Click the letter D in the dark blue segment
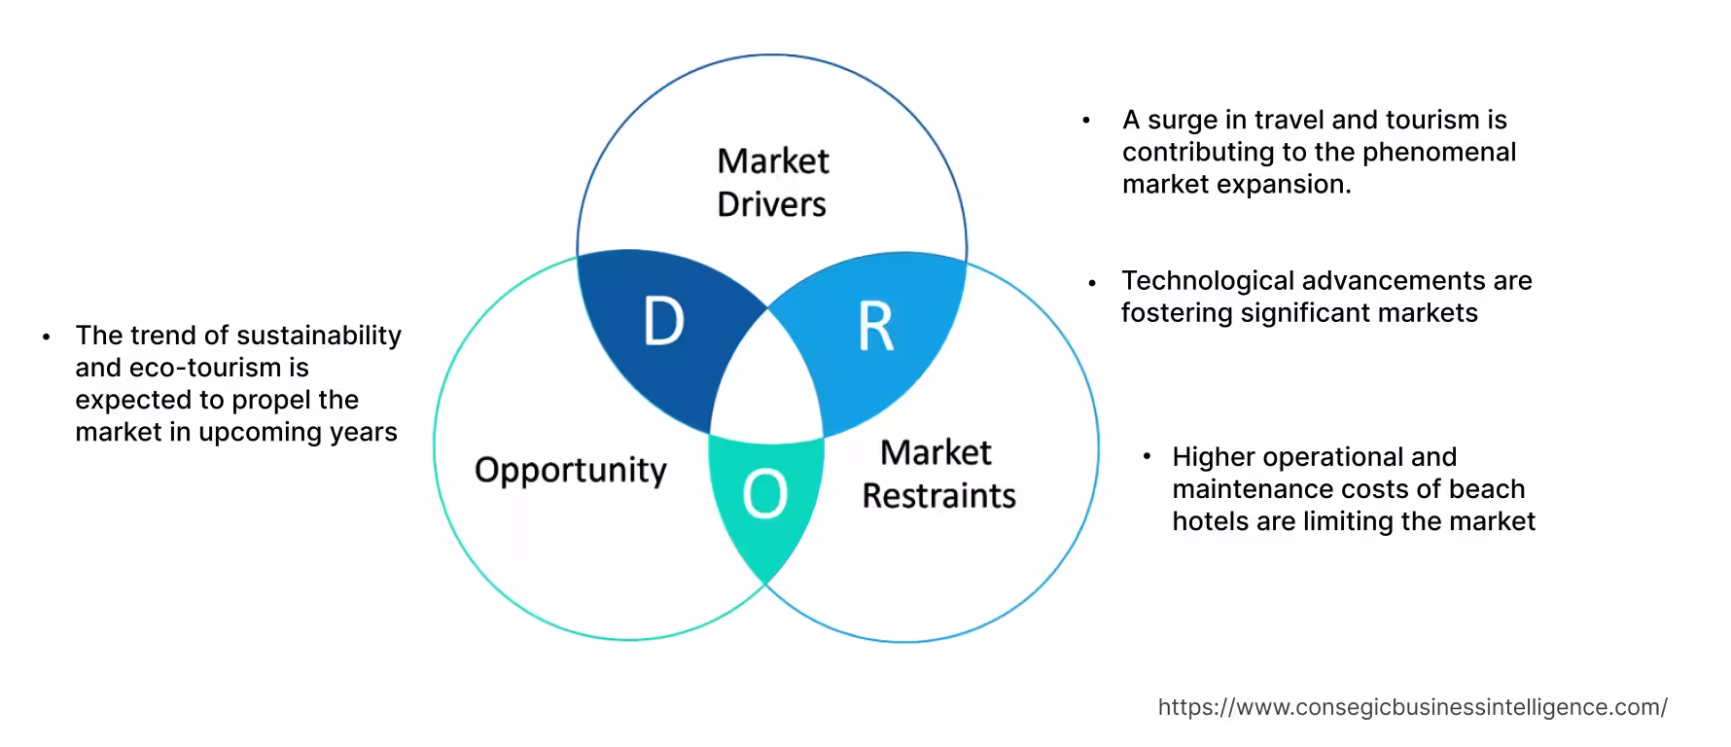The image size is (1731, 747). (663, 322)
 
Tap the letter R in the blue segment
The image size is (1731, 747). (875, 327)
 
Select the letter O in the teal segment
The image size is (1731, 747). (764, 494)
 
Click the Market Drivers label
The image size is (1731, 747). (772, 182)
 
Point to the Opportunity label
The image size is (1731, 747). (571, 470)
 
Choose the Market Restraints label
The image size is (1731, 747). (938, 474)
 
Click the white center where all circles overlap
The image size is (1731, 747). (767, 389)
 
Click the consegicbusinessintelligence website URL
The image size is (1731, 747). (1412, 707)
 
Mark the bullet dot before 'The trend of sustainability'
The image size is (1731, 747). (46, 338)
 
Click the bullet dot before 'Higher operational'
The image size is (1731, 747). (1148, 455)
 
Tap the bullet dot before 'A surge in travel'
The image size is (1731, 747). (1086, 121)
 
